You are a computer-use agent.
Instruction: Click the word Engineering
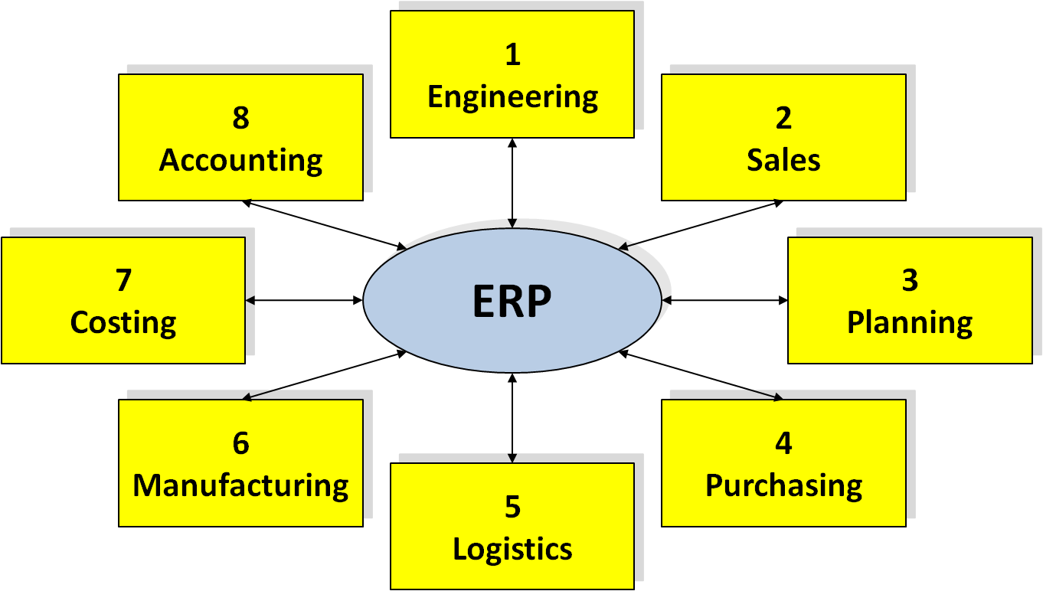[512, 97]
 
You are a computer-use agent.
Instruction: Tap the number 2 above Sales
[783, 118]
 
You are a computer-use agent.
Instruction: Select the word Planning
[910, 322]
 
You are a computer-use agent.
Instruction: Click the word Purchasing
[783, 485]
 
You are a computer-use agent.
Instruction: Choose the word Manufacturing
[240, 485]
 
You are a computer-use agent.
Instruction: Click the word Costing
[123, 322]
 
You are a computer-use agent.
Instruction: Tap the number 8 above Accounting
[240, 118]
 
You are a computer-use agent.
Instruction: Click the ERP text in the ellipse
[512, 301]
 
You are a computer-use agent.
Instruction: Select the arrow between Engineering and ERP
[512, 183]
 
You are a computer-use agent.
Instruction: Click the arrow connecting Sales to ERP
[701, 224]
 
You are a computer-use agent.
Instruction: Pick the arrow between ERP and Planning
[724, 300]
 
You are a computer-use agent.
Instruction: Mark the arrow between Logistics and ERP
[512, 418]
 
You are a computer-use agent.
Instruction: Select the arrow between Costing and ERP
[304, 300]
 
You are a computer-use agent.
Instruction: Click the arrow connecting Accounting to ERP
[324, 224]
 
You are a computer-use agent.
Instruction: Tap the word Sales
[783, 160]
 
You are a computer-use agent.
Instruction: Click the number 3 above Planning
[910, 280]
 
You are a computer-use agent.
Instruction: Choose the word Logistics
[512, 549]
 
